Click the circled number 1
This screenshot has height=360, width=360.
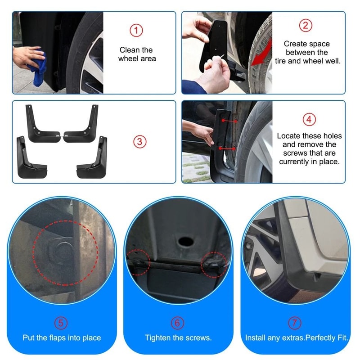point(136,31)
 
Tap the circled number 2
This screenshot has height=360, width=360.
point(306,25)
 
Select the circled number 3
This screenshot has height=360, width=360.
point(139,142)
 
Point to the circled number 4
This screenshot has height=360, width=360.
point(309,120)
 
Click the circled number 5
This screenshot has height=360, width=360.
point(61,323)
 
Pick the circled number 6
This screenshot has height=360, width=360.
point(178,323)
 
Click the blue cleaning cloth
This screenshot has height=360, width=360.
point(38,67)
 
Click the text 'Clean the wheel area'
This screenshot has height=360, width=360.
point(136,54)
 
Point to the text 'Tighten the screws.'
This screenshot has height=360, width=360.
point(178,337)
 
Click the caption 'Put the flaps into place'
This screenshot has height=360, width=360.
point(62,337)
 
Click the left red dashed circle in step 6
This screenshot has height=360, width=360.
point(137,261)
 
